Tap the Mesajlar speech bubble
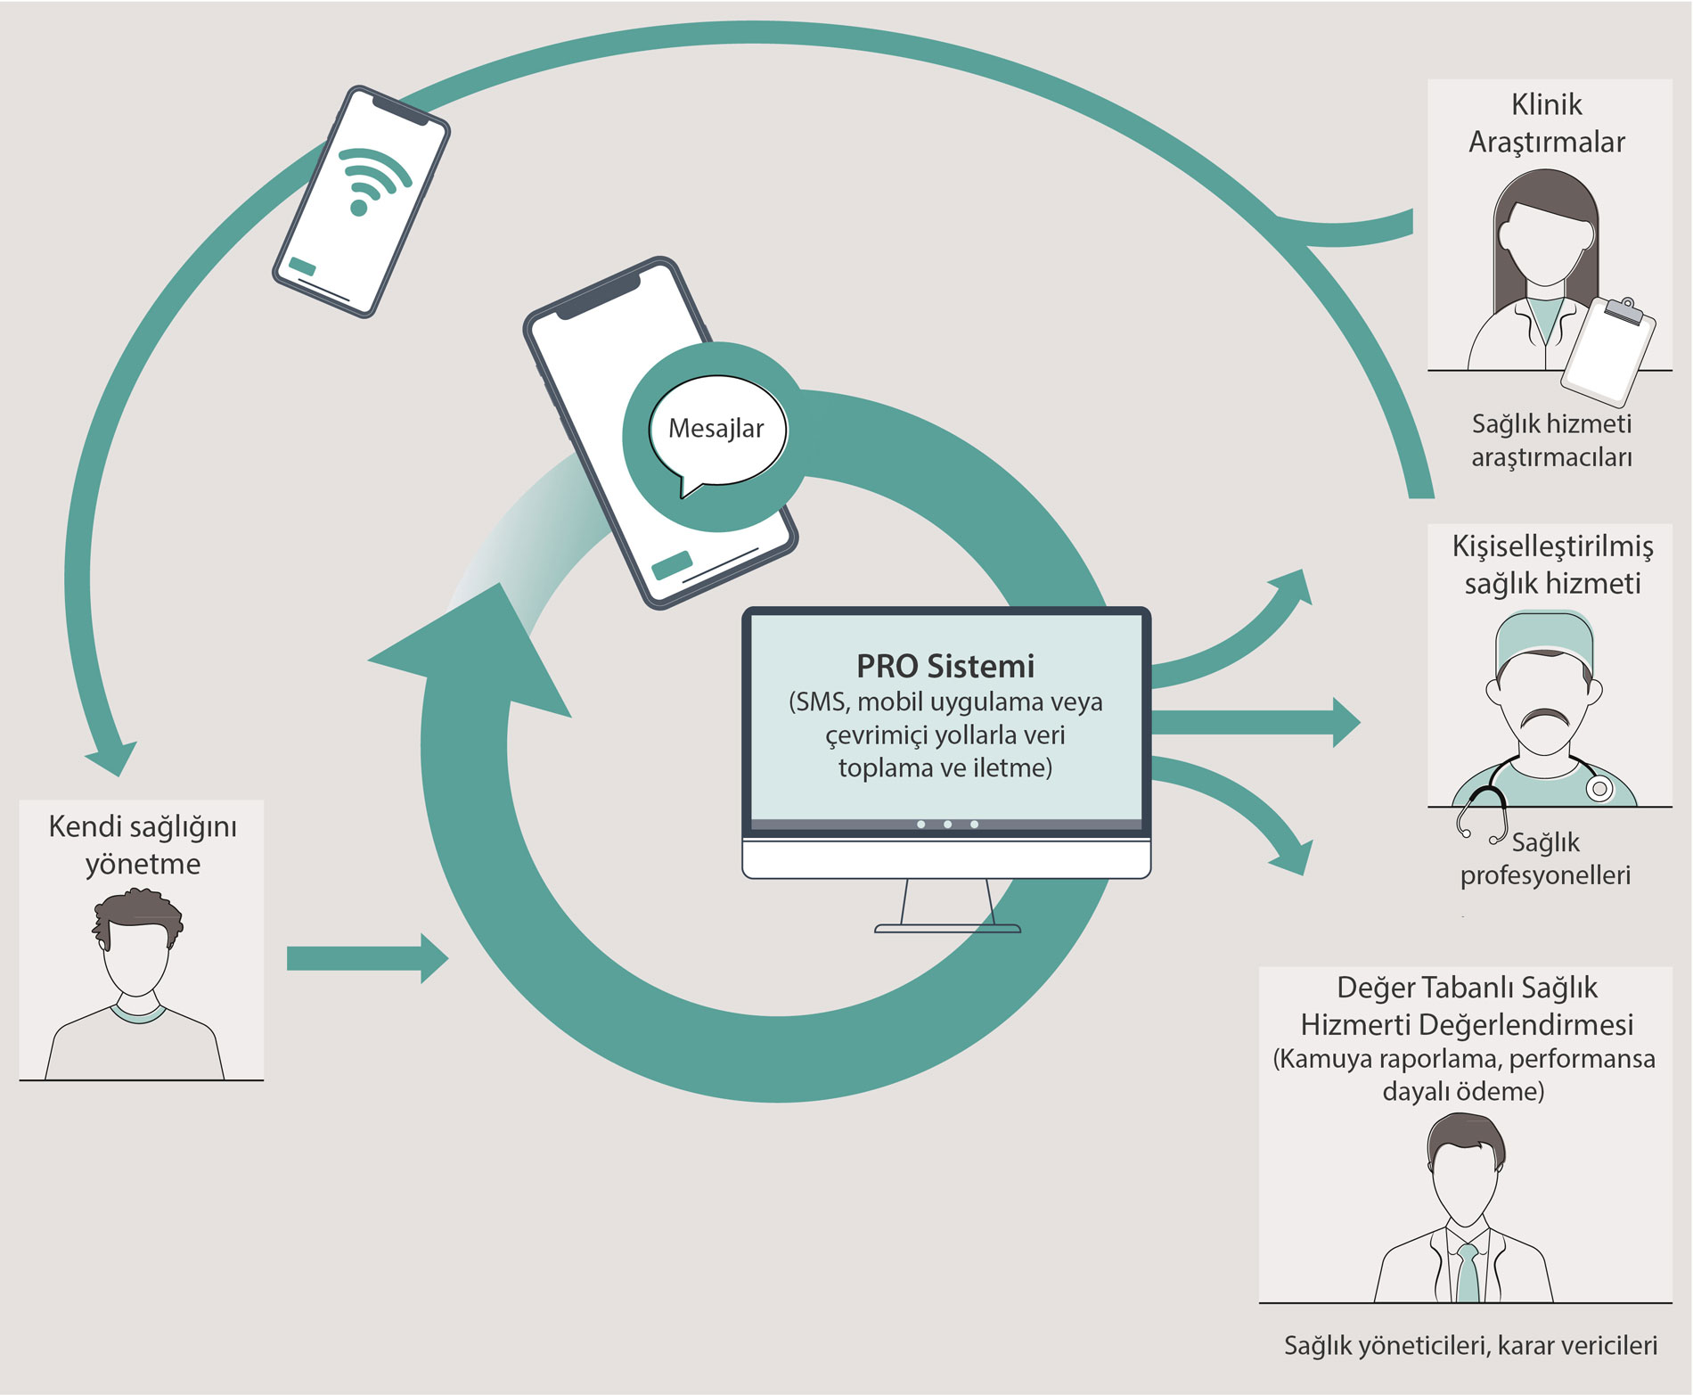[x=717, y=431]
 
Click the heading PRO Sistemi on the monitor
[x=945, y=666]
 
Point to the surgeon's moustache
[x=1544, y=717]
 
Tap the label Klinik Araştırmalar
[x=1547, y=123]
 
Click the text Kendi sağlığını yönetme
[x=143, y=844]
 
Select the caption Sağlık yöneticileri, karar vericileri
[x=1470, y=1345]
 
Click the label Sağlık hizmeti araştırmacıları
[x=1551, y=440]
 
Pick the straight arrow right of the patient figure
[x=366, y=958]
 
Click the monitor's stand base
[x=947, y=928]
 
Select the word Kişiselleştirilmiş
[x=1552, y=546]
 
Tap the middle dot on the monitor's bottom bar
[x=947, y=825]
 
